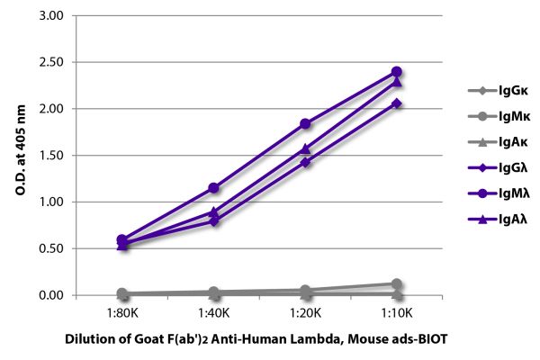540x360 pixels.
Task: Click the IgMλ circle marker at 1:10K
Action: [396, 72]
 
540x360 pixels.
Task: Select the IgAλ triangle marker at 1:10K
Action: [396, 82]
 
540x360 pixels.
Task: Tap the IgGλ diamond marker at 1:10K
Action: [396, 103]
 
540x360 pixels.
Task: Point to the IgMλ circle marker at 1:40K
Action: [213, 188]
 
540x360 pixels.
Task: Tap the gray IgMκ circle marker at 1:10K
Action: [396, 283]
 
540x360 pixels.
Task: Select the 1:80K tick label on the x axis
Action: [122, 312]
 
